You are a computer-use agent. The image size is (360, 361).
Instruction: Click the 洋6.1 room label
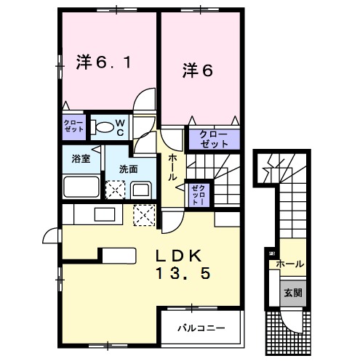[103, 63]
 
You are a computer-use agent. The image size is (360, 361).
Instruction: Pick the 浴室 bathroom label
[80, 159]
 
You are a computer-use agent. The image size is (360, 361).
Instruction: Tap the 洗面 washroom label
[129, 169]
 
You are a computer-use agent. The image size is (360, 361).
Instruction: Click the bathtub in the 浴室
[80, 187]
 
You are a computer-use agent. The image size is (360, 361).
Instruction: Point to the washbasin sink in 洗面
[140, 190]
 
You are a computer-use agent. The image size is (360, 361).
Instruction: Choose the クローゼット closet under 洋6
[209, 138]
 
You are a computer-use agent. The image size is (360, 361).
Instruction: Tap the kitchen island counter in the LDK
[117, 254]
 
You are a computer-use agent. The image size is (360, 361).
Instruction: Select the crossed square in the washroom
[115, 190]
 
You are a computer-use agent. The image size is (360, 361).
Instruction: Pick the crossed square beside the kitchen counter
[144, 216]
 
